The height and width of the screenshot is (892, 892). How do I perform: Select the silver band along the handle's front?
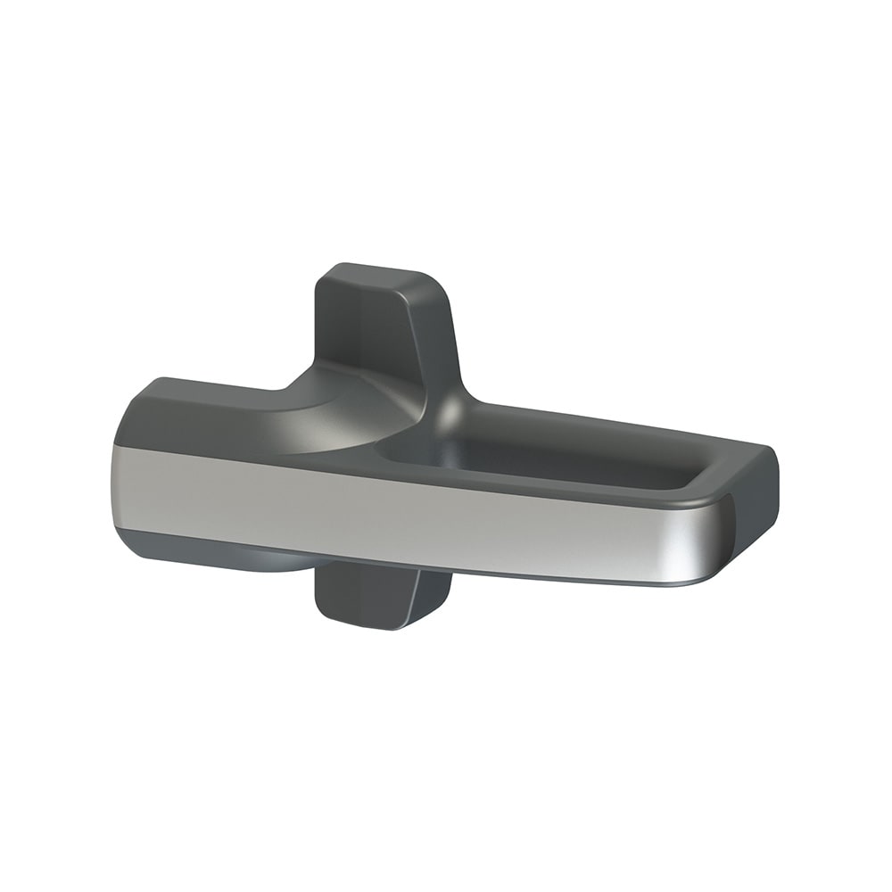coord(401,517)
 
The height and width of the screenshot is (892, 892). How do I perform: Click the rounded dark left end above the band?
coord(143,419)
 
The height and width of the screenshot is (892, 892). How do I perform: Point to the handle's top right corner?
coord(767,450)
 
